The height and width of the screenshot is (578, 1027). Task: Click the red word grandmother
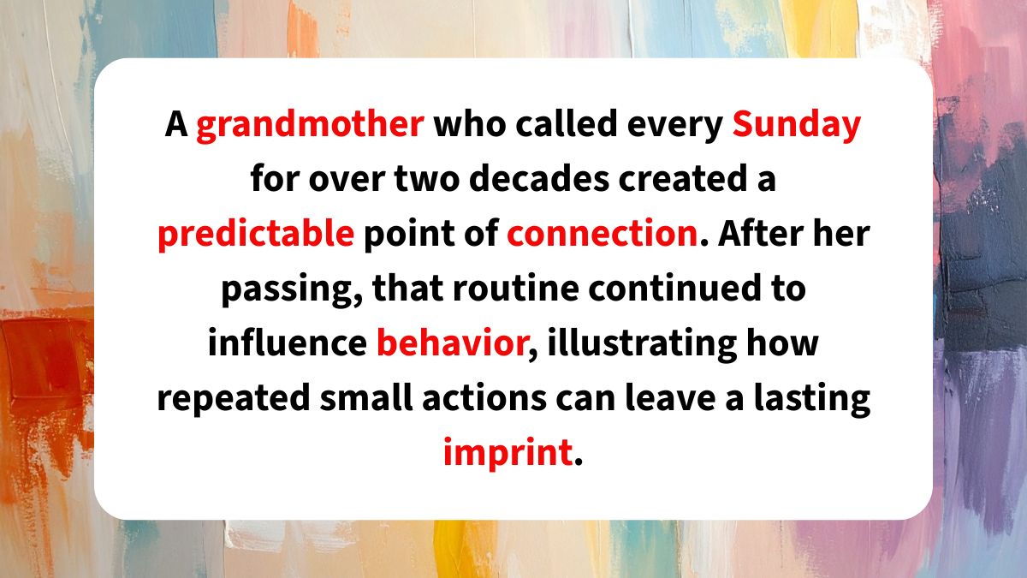click(310, 125)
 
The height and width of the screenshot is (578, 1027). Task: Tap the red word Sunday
click(797, 125)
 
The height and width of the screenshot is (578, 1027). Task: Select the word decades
click(539, 178)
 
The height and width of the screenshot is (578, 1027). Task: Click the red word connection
click(603, 233)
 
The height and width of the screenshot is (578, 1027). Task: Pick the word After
click(760, 233)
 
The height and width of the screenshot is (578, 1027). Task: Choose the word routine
click(515, 288)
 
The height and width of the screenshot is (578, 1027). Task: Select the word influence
click(288, 343)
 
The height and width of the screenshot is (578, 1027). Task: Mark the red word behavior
click(452, 343)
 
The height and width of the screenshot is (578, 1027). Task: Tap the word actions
click(484, 397)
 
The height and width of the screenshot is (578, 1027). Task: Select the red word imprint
click(508, 454)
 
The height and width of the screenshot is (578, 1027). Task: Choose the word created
click(683, 178)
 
